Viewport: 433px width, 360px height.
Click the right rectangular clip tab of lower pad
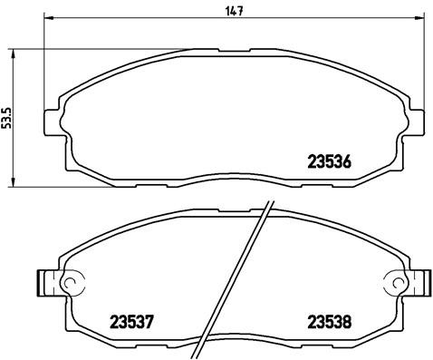tap(419, 284)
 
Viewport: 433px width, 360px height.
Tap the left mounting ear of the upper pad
tap(53, 122)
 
